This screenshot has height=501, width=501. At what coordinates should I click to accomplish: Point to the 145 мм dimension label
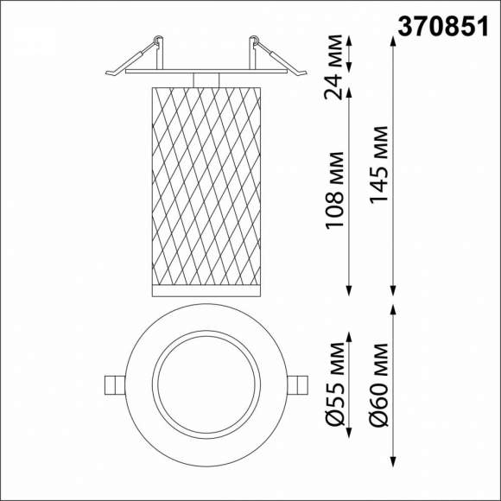[x=377, y=165]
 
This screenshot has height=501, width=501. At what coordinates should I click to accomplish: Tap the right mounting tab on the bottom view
[x=295, y=384]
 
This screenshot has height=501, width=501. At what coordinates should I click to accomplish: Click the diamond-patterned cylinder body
[x=205, y=181]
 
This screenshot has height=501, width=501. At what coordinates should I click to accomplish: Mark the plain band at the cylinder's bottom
[x=205, y=287]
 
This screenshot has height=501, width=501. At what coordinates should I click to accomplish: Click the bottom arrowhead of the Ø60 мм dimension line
[x=394, y=459]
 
